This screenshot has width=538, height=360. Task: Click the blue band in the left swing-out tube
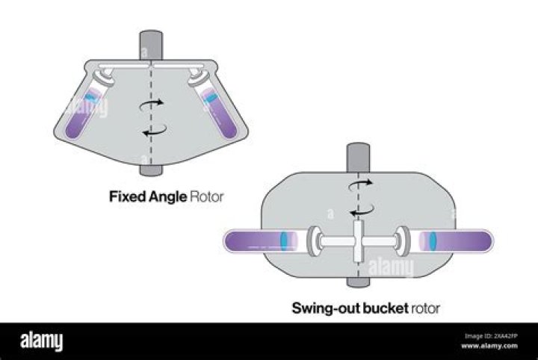(285, 241)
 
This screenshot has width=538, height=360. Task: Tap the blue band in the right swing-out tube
(432, 241)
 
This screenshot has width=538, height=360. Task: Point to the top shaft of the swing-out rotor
(355, 158)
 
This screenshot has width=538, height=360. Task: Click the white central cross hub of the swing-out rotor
(357, 241)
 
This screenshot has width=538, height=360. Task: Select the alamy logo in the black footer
(42, 341)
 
